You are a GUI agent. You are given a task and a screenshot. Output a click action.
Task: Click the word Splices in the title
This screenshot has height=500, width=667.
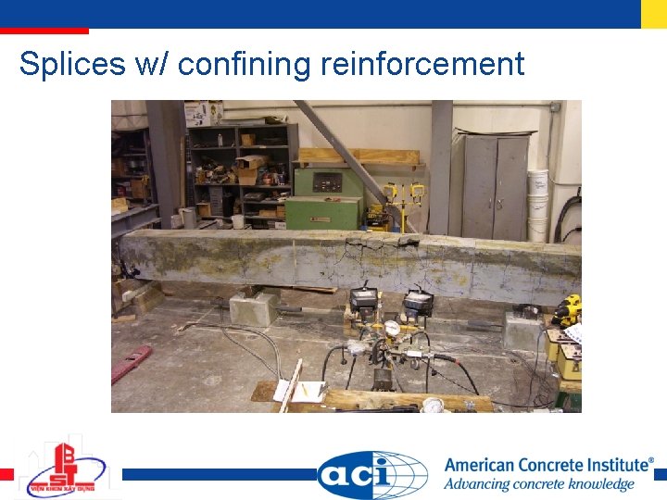(x=72, y=64)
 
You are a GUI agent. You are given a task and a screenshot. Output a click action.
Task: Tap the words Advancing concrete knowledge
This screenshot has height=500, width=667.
(x=538, y=484)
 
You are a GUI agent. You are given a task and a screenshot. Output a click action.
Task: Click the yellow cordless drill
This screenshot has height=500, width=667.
(x=566, y=311)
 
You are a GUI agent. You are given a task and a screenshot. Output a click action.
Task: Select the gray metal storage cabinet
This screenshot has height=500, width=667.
(x=495, y=185)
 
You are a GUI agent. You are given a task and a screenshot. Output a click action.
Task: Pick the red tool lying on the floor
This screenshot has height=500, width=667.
(x=131, y=363)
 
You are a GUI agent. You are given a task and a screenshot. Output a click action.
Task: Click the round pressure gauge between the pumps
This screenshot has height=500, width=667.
(x=393, y=328)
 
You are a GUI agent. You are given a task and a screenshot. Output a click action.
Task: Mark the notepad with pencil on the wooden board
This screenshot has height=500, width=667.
(x=308, y=392)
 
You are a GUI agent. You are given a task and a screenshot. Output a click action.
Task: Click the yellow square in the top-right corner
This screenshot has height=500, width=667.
(x=654, y=13)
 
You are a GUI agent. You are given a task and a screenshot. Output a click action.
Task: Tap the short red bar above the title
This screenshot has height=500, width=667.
(x=44, y=31)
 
